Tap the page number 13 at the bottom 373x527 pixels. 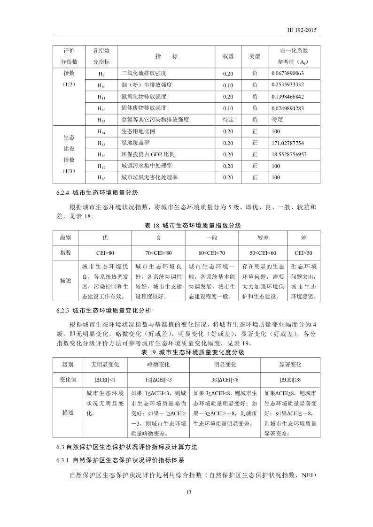[x=189, y=492]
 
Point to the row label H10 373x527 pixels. [x=101, y=85]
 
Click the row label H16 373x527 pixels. [x=101, y=154]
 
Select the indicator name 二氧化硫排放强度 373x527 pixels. [x=144, y=74]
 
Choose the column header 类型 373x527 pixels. [x=255, y=56]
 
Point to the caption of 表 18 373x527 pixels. [x=193, y=226]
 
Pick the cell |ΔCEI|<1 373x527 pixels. [x=104, y=379]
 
